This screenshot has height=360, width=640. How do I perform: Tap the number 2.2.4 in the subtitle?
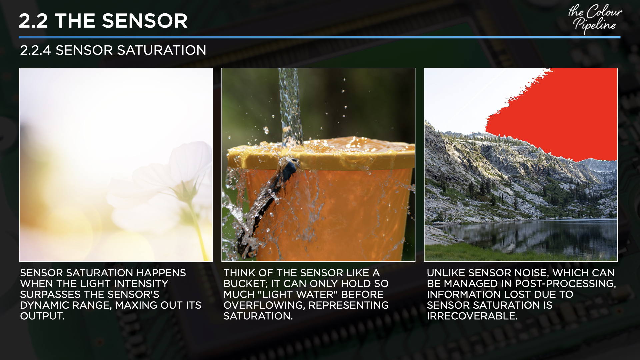click(35, 50)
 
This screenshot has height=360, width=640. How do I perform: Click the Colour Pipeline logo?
click(595, 19)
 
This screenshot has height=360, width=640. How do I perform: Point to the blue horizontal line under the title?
click(319, 37)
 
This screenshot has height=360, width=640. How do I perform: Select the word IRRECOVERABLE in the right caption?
click(472, 316)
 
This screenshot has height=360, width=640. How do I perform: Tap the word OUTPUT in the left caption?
click(42, 316)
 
